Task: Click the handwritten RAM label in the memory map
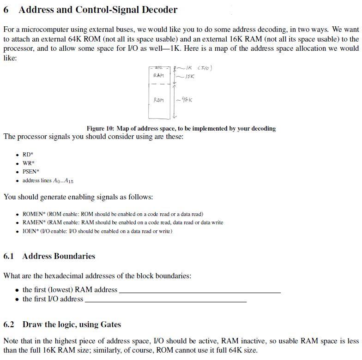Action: [x=158, y=76]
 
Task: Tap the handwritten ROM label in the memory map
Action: [x=158, y=100]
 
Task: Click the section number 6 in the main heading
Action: [x=6, y=10]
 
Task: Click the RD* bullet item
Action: [x=28, y=155]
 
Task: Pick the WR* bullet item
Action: [x=28, y=163]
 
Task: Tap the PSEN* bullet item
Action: [x=31, y=172]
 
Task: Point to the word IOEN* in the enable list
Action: [x=31, y=231]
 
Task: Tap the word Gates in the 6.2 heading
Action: [x=110, y=324]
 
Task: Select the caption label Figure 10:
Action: [x=100, y=128]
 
